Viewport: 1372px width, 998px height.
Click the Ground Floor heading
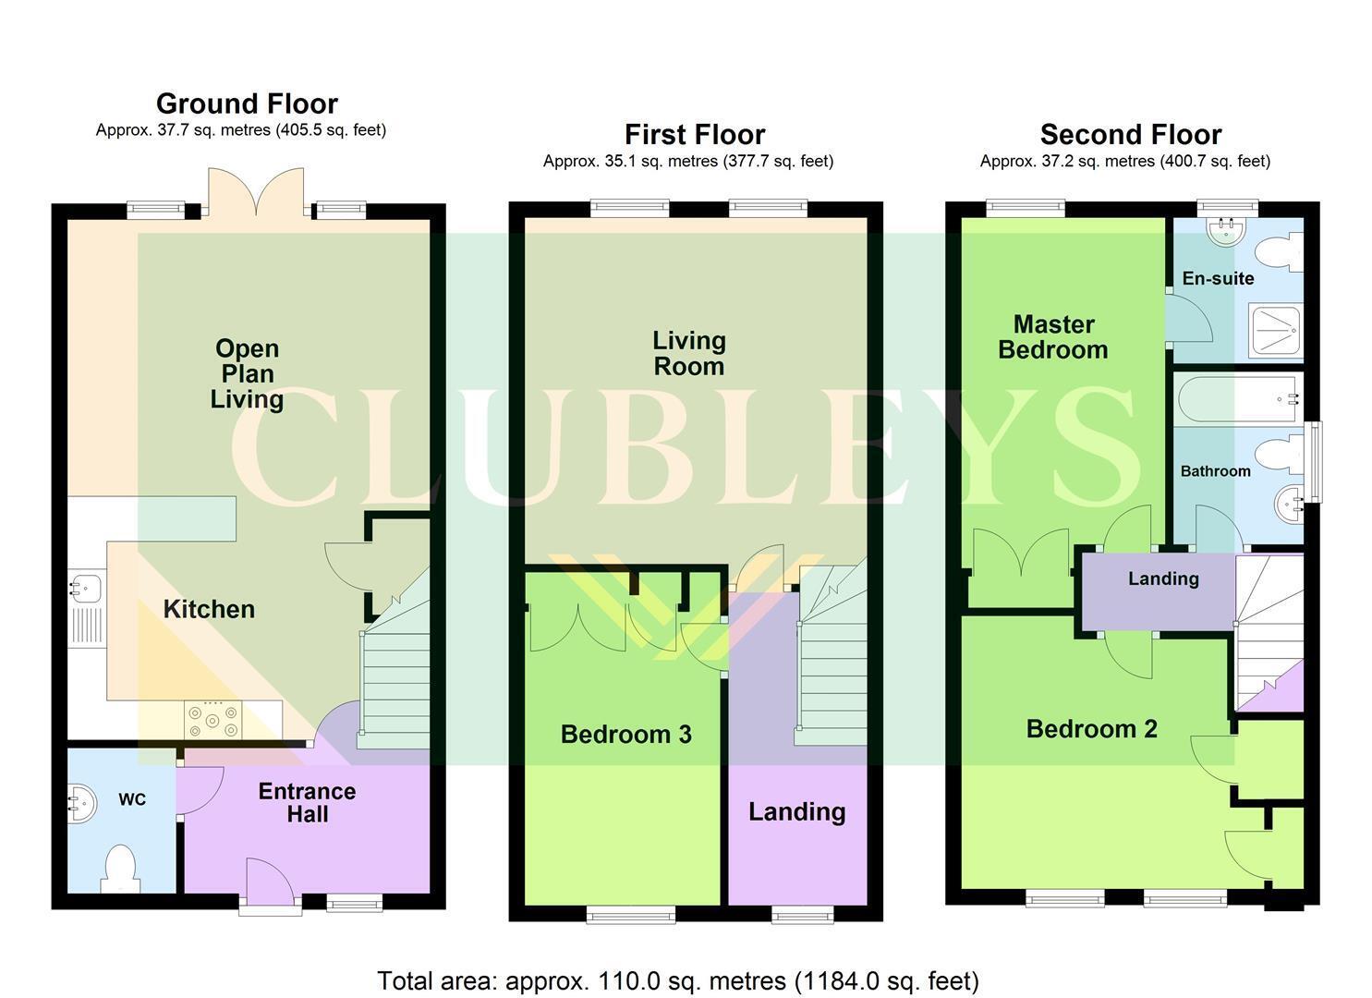(247, 103)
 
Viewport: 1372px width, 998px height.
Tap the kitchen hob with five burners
(212, 720)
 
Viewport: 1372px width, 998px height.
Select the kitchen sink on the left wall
(86, 610)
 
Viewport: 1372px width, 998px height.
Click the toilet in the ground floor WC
(121, 870)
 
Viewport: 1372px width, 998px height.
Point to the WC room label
(132, 799)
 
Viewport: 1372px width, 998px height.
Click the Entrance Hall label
(308, 803)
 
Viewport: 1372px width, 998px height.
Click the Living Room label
(689, 354)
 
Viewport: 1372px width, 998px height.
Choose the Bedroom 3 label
(626, 735)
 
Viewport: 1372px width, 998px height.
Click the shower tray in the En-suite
(1276, 332)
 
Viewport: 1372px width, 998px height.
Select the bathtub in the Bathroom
(1238, 400)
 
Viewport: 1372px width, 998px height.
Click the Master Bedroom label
(1053, 337)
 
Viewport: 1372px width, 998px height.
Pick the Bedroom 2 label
(1091, 729)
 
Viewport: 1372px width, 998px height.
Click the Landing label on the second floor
(1164, 579)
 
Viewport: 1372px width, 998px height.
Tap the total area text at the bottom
(678, 980)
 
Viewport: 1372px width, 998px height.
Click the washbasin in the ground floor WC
(82, 803)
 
